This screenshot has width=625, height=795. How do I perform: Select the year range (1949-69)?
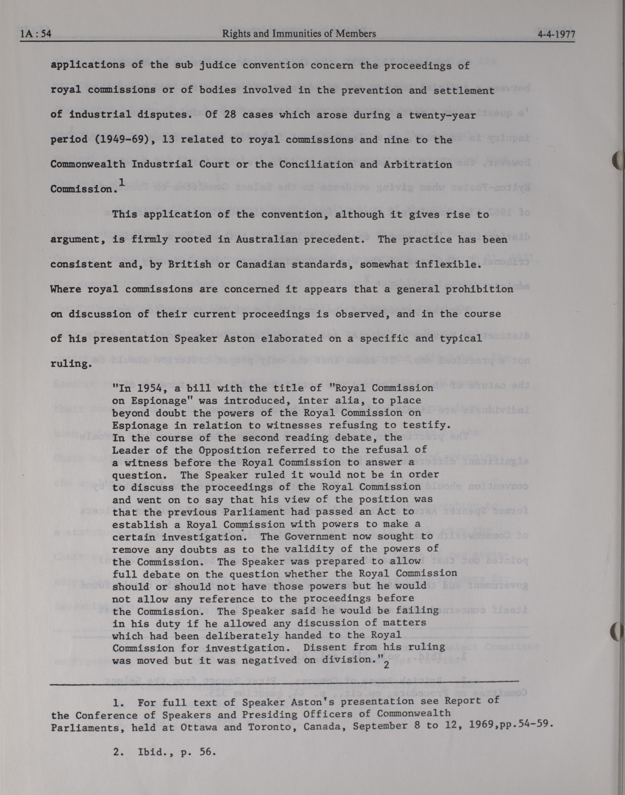[x=121, y=139]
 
